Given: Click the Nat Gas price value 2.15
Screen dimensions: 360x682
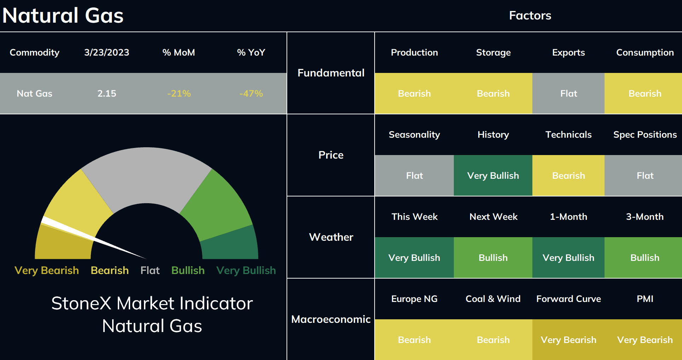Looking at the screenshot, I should coord(106,93).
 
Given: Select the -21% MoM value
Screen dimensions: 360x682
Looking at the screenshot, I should coord(179,93).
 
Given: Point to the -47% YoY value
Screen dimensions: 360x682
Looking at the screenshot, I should coord(251,93).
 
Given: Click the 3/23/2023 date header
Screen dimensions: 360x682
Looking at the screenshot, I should coord(106,52).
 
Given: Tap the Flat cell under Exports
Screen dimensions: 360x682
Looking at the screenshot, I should coord(568,93).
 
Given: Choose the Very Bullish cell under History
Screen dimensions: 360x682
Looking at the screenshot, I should coord(493,176).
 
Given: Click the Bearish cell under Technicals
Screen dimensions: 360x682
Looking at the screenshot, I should coord(568,176).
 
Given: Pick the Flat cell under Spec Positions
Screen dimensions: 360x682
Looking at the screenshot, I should coord(645,176).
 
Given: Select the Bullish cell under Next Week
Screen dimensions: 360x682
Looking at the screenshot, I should coord(493,258).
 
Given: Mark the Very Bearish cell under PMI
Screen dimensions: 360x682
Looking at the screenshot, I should coord(645,340).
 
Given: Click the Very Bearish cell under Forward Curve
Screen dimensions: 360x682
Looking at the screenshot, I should coord(568,340).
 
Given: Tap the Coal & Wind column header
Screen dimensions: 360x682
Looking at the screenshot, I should coord(493,299).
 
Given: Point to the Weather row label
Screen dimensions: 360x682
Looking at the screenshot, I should coord(331,237).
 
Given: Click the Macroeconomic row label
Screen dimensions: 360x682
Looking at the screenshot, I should coord(331,319).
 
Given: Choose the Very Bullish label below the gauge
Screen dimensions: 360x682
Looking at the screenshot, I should coord(246,270).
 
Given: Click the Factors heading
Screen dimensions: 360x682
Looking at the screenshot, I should coord(530,16).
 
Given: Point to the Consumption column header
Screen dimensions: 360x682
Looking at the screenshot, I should coord(645,52).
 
